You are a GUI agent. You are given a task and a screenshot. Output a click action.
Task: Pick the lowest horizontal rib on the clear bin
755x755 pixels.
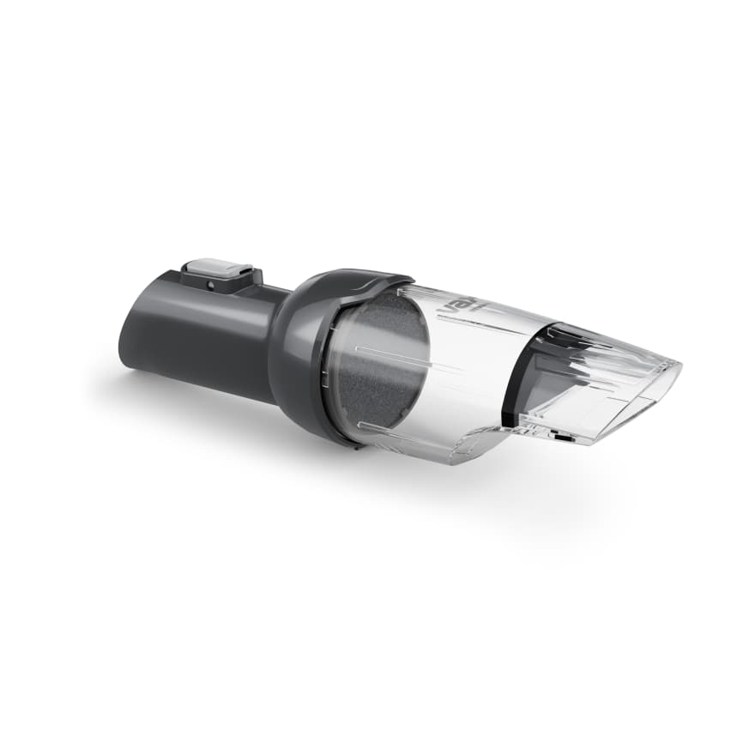pyautogui.click(x=403, y=426)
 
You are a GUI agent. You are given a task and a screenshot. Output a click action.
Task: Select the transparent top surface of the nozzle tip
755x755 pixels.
pyautogui.click(x=618, y=352)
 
